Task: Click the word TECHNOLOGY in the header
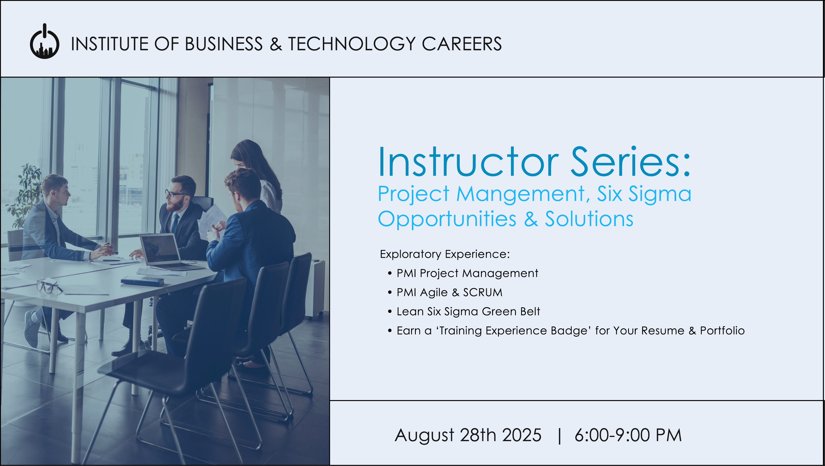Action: [352, 44]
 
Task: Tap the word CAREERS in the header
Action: [462, 44]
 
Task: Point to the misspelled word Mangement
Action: [524, 194]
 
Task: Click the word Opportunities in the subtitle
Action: [447, 220]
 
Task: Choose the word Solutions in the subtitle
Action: [589, 219]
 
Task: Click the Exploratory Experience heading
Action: [444, 254]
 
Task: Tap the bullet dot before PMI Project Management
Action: [390, 273]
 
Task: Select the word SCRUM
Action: [483, 292]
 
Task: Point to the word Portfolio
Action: [722, 330]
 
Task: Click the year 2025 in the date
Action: [522, 435]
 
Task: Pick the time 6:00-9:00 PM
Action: [628, 435]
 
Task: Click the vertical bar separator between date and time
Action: [560, 436]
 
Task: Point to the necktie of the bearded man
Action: [175, 223]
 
